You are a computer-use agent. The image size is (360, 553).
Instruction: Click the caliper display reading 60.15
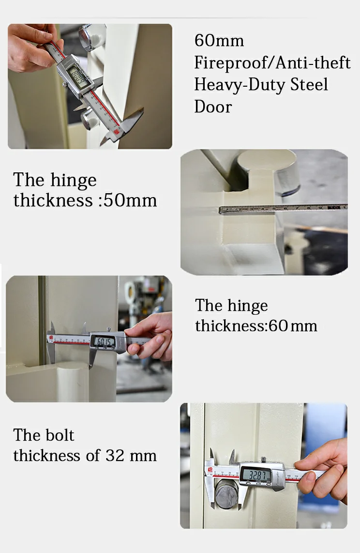(104, 341)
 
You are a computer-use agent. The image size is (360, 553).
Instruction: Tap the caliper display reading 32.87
(257, 475)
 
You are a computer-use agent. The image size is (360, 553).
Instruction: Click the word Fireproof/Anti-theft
(272, 63)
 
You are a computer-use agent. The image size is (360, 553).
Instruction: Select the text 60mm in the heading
(219, 41)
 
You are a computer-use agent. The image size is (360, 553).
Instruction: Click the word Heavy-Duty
(239, 85)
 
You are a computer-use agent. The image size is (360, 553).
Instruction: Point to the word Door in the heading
(213, 107)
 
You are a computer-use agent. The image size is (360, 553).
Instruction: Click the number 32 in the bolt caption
(115, 455)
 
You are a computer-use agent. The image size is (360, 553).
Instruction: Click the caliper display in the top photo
(77, 74)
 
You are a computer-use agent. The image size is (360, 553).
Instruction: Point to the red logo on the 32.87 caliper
(210, 469)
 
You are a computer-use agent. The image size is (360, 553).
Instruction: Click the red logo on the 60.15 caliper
(51, 338)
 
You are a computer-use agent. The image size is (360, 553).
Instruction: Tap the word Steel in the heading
(309, 84)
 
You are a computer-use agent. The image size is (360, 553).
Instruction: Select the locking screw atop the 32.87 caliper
(263, 459)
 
